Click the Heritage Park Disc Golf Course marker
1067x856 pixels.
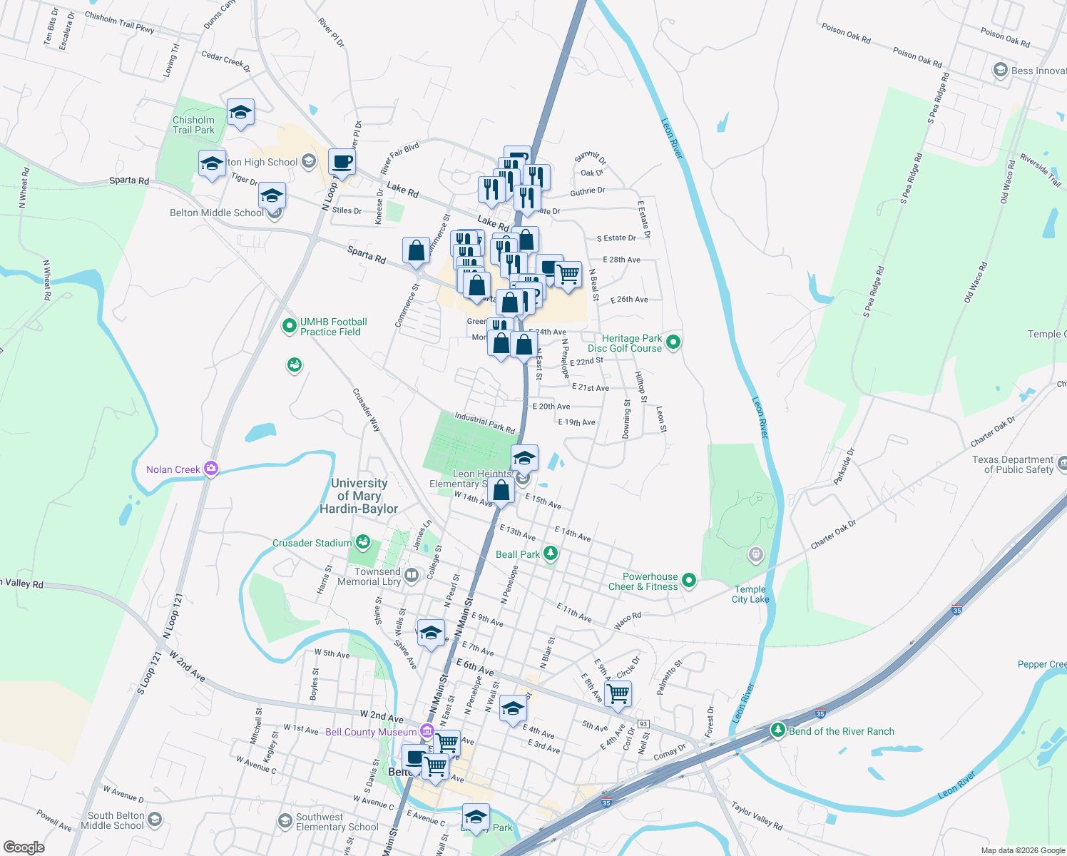point(673,343)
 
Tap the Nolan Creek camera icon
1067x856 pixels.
point(210,469)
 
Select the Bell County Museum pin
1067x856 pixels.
point(427,731)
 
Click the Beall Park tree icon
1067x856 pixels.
point(550,554)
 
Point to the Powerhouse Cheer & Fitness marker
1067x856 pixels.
point(688,581)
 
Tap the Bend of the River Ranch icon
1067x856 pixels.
point(778,730)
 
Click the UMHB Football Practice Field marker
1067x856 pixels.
point(290,327)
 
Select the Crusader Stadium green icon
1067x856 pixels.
point(363,542)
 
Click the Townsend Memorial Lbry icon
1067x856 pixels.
point(411,576)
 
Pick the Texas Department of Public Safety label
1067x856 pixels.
point(1012,464)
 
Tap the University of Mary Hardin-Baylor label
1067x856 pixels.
point(359,496)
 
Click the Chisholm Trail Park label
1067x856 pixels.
point(193,125)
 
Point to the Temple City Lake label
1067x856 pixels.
point(750,594)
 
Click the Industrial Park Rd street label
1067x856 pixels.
point(485,423)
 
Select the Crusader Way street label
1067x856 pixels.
point(367,410)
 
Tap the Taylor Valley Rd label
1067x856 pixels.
point(757,815)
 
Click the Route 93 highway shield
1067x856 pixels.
point(643,724)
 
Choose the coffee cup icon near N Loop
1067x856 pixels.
point(342,161)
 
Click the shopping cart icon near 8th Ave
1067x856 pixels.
point(618,693)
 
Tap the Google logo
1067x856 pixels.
point(24,847)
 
